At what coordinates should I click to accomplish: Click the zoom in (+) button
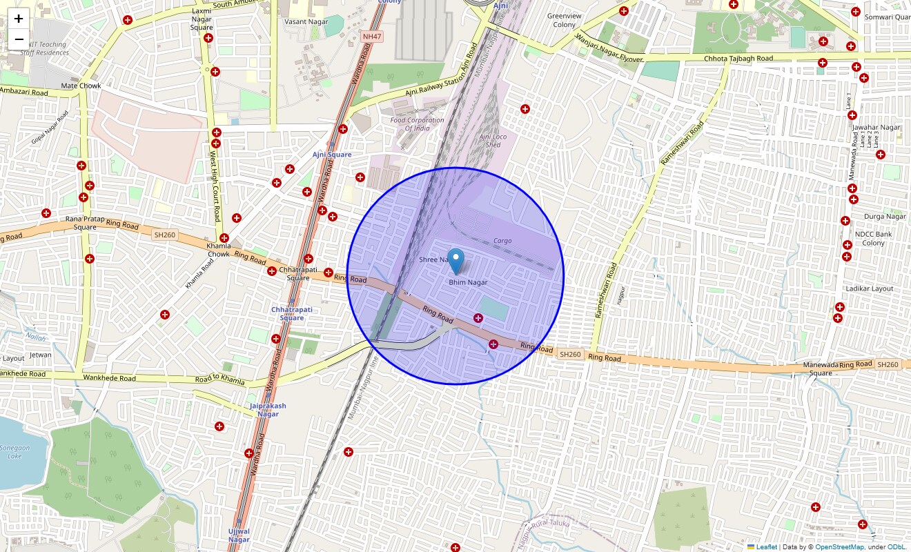pyautogui.click(x=19, y=19)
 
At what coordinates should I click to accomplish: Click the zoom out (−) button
pyautogui.click(x=19, y=39)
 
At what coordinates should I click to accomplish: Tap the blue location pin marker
pyautogui.click(x=456, y=261)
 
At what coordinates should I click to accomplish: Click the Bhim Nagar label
pyautogui.click(x=468, y=282)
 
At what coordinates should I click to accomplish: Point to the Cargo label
pyautogui.click(x=502, y=241)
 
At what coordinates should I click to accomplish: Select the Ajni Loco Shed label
pyautogui.click(x=493, y=141)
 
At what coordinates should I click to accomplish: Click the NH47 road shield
pyautogui.click(x=371, y=36)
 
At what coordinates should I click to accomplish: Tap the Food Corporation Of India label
pyautogui.click(x=417, y=124)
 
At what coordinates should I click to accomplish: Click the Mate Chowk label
pyautogui.click(x=81, y=86)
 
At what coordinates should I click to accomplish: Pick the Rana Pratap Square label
pyautogui.click(x=86, y=223)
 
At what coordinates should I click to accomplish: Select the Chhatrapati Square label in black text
pyautogui.click(x=299, y=273)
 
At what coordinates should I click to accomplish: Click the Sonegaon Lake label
pyautogui.click(x=15, y=452)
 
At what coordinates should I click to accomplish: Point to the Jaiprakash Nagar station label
pyautogui.click(x=268, y=410)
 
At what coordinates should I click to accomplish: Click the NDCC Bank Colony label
pyautogui.click(x=873, y=238)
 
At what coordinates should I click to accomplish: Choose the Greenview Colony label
pyautogui.click(x=564, y=20)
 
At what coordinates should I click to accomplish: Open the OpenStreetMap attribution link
pyautogui.click(x=839, y=547)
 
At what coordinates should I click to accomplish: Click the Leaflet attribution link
pyautogui.click(x=766, y=547)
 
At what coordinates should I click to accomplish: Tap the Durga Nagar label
pyautogui.click(x=885, y=217)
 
